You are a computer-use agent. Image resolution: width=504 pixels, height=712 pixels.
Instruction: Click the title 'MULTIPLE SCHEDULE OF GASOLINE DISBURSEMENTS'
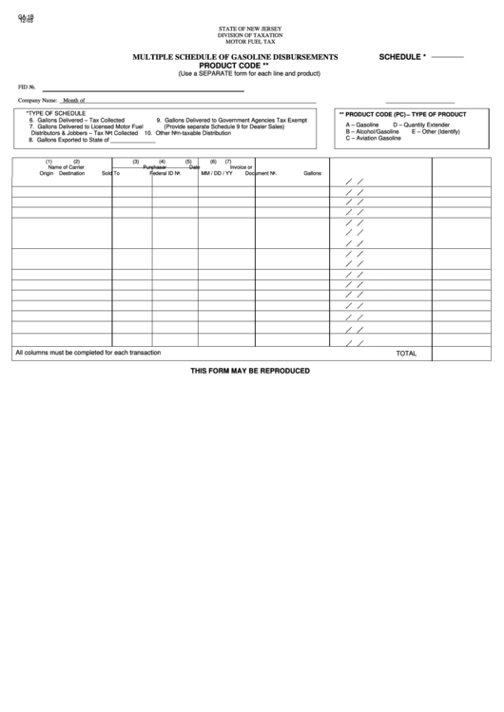(236, 57)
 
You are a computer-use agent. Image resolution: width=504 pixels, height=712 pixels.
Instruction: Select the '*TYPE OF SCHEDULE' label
(56, 112)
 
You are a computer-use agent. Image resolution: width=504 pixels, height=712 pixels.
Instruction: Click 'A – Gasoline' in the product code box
(362, 125)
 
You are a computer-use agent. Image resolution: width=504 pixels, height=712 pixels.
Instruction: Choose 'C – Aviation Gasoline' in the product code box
(374, 139)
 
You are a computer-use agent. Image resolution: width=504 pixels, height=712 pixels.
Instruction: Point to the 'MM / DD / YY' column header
(217, 174)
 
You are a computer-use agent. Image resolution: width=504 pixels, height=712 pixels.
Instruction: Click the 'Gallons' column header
(313, 174)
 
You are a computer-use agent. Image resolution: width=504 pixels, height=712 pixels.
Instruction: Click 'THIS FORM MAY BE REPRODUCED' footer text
(250, 370)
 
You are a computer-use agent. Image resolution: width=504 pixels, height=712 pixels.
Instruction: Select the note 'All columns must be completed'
(87, 353)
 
